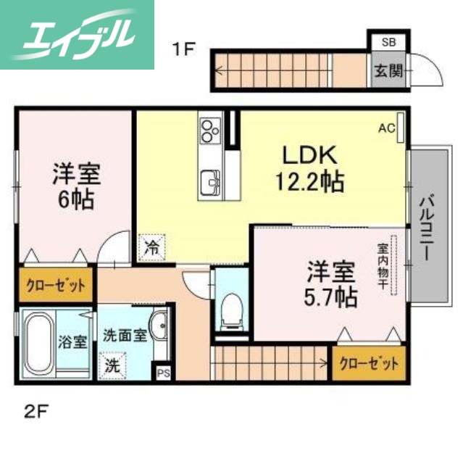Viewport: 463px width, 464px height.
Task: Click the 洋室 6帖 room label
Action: click(x=75, y=186)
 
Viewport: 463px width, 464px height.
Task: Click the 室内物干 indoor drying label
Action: click(x=382, y=265)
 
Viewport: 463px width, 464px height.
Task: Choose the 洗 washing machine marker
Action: click(x=113, y=365)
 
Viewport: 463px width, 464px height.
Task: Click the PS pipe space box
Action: click(x=163, y=374)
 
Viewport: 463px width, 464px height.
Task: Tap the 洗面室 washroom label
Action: click(x=124, y=336)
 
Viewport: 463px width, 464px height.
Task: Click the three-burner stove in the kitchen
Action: click(x=210, y=130)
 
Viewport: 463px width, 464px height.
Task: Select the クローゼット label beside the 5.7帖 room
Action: click(x=368, y=361)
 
